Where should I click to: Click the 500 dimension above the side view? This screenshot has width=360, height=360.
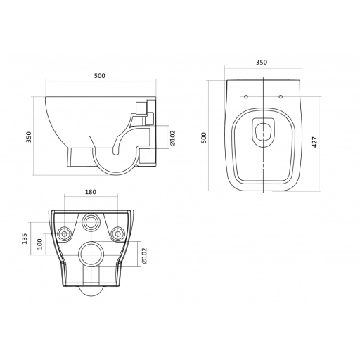point(100,76)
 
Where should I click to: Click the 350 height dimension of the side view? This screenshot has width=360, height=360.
point(29,137)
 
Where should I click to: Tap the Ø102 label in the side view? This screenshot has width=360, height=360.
point(173,139)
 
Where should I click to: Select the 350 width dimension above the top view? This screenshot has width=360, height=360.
point(262,63)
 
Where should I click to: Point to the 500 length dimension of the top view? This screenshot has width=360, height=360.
point(205,138)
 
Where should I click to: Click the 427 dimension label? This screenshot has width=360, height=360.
point(315,142)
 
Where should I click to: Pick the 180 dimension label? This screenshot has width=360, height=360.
point(91,192)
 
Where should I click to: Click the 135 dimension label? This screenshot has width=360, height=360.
point(25,238)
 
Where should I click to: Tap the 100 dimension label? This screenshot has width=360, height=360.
point(39,244)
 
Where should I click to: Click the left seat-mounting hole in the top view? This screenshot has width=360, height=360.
point(246,96)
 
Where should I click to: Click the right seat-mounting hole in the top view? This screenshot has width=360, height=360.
point(281,96)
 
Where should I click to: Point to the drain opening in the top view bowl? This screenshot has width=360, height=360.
point(264,132)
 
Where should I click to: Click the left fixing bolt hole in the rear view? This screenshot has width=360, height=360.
point(64,233)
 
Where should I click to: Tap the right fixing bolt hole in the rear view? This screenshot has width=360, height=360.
point(118,233)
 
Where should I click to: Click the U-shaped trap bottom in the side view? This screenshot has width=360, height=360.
point(114,174)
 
